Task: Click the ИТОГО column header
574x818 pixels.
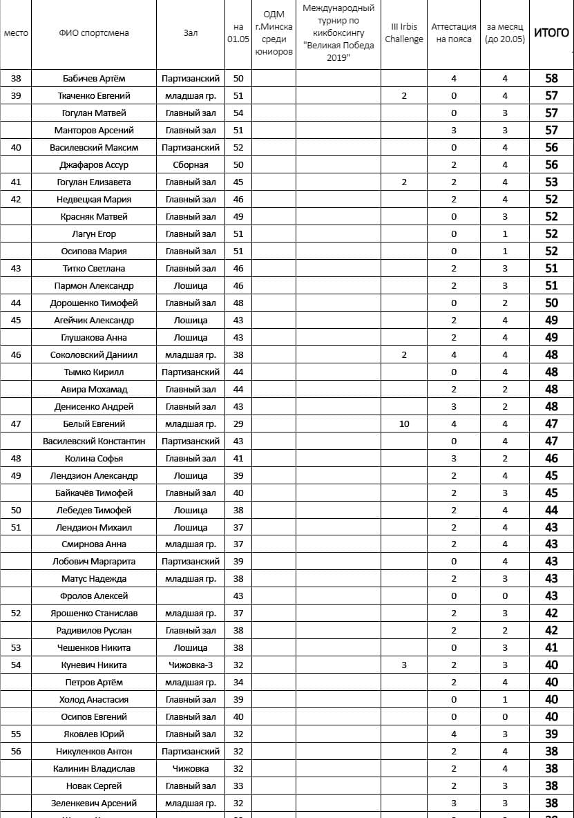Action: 551,33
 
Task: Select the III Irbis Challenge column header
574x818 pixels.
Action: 404,33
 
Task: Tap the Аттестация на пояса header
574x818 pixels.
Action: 454,33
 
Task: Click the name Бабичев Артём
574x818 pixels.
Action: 94,79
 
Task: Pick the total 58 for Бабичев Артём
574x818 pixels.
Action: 551,79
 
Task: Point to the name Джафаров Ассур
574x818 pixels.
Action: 94,165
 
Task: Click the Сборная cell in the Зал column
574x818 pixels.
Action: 191,165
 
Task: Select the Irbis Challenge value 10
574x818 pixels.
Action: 404,424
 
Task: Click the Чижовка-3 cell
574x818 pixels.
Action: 191,665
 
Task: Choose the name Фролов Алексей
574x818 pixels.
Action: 94,596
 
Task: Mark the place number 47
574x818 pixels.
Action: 17,424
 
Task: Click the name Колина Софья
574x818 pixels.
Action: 94,458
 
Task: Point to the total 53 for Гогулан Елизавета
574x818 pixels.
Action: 551,182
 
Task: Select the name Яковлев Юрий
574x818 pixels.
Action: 94,734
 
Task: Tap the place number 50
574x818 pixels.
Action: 17,510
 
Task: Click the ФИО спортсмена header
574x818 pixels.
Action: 94,33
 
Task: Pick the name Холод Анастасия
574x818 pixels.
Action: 94,700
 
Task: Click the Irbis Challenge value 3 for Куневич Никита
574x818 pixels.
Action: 404,665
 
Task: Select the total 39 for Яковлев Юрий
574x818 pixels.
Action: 551,734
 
